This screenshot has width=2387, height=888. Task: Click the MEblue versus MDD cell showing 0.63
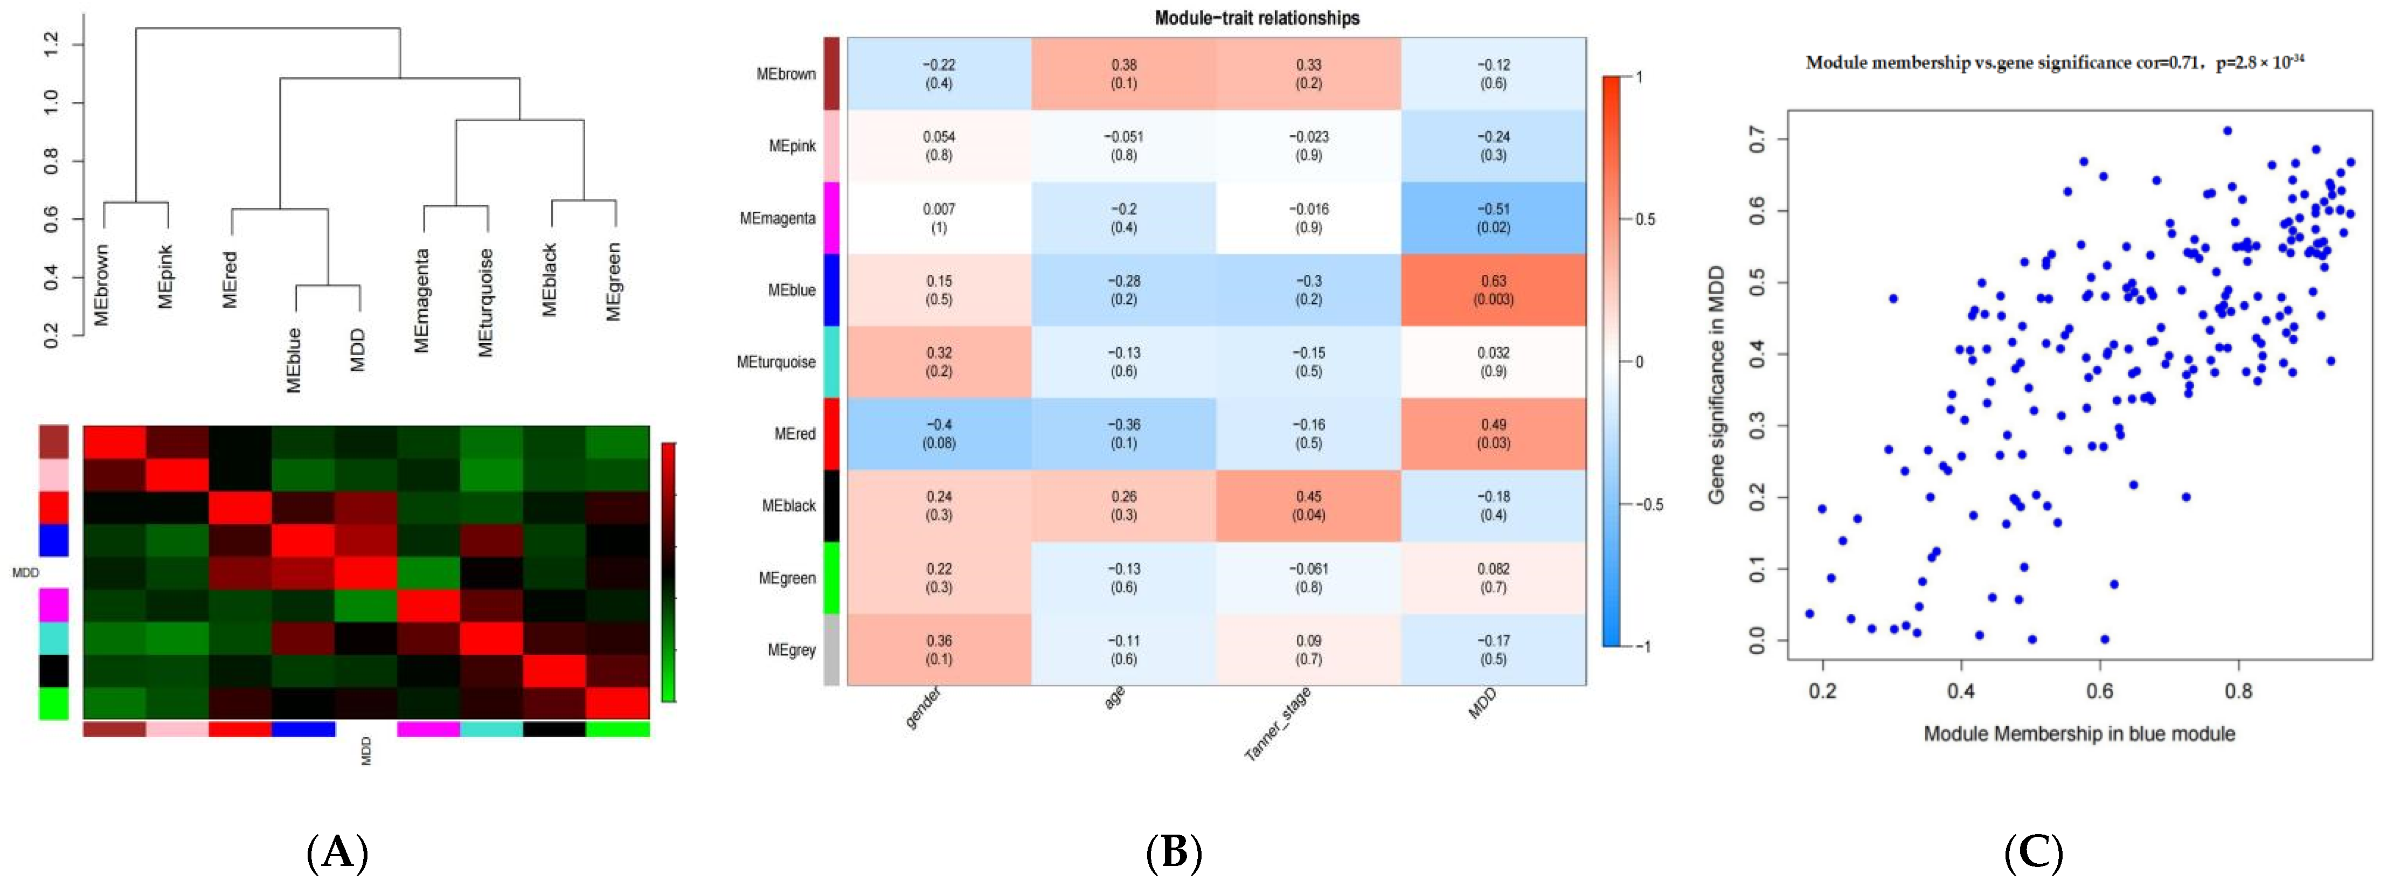[x=1493, y=290]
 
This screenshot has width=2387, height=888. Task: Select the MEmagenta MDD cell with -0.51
[x=1493, y=218]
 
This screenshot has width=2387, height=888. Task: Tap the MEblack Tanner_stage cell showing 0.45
[x=1308, y=505]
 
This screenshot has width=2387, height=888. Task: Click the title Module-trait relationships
[x=1257, y=18]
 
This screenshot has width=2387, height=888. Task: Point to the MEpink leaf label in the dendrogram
[x=165, y=275]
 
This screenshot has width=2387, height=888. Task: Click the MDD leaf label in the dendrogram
[x=358, y=350]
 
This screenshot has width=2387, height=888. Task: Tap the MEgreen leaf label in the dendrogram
[x=613, y=282]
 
